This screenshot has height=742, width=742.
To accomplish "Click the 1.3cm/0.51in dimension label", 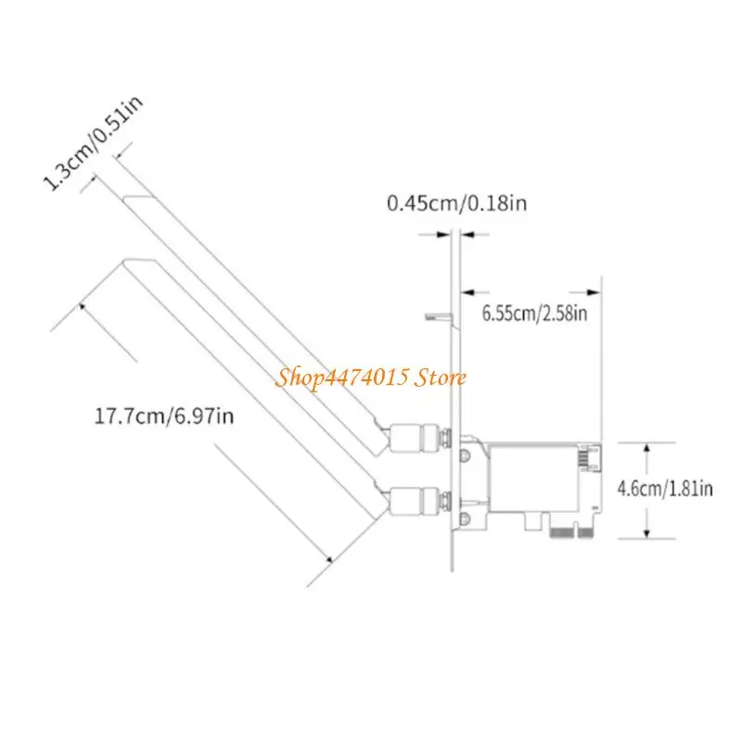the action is click(93, 143).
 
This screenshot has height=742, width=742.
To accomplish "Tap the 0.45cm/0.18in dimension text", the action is click(456, 203).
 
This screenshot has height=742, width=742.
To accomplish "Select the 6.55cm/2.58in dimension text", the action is click(535, 313).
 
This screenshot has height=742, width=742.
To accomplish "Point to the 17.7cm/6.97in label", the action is click(164, 416).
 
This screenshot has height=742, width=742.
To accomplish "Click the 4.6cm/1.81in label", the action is click(665, 489).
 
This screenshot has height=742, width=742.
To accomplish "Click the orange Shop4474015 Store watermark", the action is click(371, 377).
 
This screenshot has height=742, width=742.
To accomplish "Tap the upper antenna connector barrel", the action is click(413, 437).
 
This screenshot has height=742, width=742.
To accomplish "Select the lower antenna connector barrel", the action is click(413, 501).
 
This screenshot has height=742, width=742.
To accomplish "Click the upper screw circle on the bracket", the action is click(466, 455).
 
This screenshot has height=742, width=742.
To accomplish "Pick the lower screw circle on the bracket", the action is click(466, 518).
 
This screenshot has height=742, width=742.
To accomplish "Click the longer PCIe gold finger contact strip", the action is click(562, 533).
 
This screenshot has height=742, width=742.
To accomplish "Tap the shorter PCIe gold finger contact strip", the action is click(585, 533).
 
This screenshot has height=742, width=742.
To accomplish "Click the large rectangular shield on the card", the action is click(534, 479).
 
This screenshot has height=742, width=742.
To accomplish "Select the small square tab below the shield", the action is click(533, 521).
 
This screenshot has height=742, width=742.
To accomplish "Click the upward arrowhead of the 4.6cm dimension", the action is click(646, 449).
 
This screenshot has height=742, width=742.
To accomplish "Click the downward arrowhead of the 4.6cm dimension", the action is click(646, 532).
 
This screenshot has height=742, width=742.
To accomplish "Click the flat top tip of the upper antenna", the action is click(138, 198).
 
